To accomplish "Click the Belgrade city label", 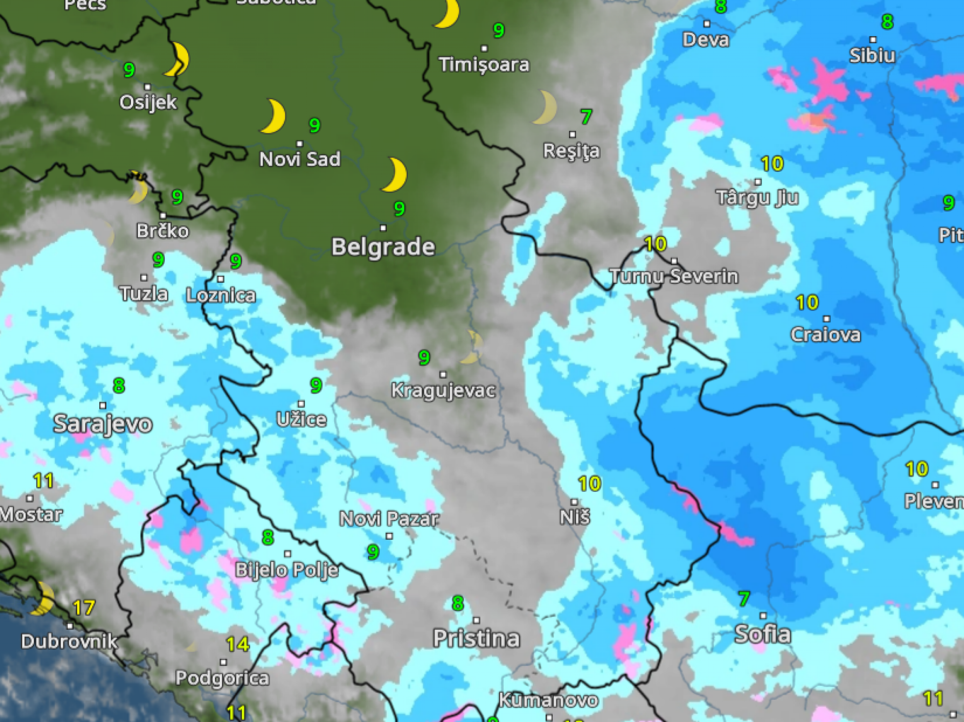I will [383, 247].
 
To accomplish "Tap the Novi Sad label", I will [300, 159].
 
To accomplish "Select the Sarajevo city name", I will [103, 424].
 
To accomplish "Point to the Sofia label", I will [763, 634].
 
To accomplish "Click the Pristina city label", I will [476, 638].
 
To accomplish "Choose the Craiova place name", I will [826, 335].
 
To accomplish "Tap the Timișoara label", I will [484, 64].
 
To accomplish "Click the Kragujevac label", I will [443, 390].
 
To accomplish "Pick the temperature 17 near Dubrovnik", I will [84, 608].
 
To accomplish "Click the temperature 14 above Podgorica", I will [238, 644].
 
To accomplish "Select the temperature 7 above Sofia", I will [744, 599].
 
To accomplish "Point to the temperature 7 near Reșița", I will [586, 117].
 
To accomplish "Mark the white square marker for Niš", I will [574, 502].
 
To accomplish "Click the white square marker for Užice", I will [301, 404].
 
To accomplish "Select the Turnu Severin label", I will [674, 276].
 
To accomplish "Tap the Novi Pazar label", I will [389, 519].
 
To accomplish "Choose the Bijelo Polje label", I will [287, 570].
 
